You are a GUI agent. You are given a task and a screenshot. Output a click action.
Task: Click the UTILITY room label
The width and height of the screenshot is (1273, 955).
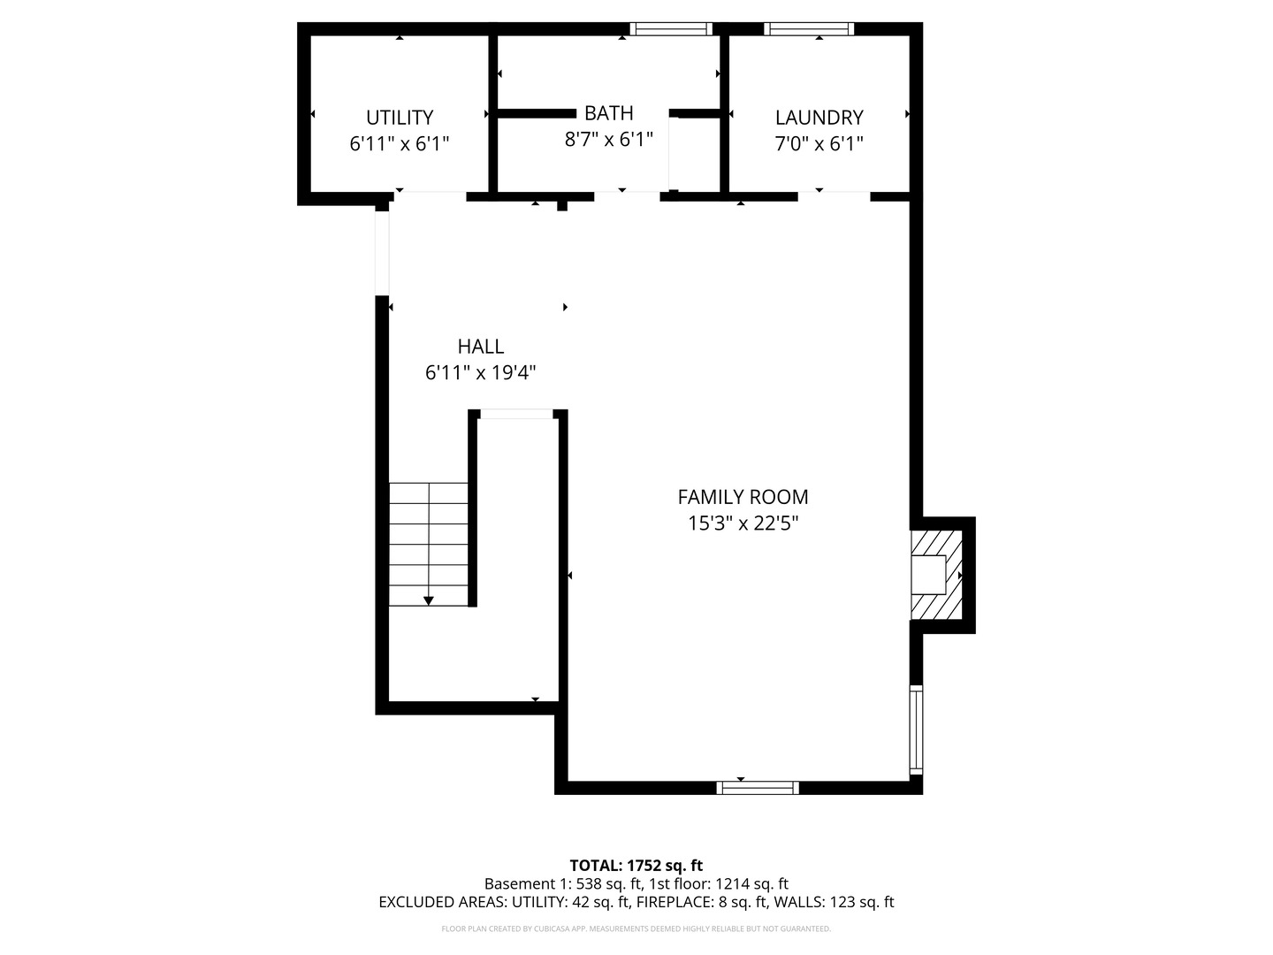400,118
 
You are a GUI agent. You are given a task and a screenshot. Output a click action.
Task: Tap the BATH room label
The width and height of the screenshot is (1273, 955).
608,113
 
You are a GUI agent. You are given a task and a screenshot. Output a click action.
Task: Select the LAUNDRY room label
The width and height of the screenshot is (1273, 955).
819,118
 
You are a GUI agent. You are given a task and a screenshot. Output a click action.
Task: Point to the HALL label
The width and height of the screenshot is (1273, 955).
480,346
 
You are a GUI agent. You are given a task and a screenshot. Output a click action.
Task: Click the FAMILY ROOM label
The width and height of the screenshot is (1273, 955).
743,497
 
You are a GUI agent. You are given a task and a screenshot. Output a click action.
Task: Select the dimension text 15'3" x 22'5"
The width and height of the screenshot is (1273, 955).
743,523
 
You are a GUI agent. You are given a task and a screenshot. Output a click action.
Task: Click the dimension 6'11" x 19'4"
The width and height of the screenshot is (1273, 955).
480,372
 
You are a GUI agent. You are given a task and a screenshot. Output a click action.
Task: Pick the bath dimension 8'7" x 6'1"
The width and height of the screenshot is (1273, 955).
608,139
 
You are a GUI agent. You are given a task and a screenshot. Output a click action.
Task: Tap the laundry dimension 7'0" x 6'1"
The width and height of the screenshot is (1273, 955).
819,143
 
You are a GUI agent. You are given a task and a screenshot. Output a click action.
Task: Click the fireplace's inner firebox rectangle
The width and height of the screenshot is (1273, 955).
928,575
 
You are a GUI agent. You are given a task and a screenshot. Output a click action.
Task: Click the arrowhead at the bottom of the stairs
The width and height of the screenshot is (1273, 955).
428,601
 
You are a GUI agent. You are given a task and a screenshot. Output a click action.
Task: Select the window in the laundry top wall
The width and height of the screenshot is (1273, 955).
809,29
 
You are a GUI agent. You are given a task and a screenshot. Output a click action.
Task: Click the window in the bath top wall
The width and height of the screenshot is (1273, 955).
671,29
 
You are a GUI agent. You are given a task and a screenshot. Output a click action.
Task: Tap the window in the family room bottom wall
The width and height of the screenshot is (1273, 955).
758,787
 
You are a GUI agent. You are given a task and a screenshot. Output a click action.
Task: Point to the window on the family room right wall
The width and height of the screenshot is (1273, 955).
916,730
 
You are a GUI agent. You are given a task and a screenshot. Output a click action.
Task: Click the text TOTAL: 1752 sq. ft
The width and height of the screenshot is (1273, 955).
636,866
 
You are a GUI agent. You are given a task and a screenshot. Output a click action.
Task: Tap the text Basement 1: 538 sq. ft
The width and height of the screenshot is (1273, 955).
563,884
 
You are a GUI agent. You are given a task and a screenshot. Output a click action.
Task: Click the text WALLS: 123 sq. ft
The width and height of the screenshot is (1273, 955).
835,902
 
